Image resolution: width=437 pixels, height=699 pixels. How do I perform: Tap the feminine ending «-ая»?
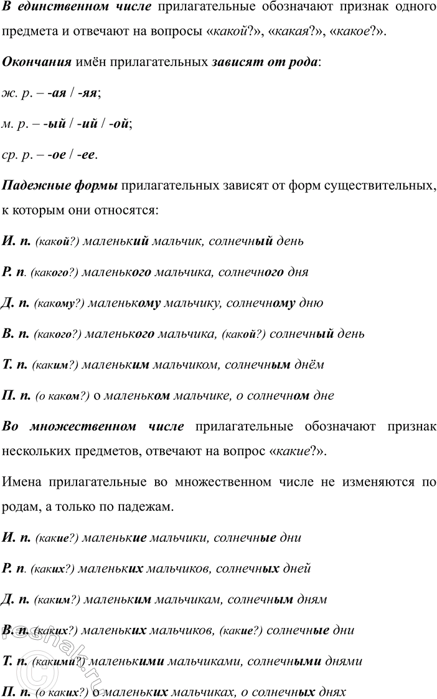point(57,93)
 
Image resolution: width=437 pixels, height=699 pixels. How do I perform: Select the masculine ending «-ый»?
point(55,123)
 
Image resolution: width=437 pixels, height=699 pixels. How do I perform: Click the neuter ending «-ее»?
point(87,154)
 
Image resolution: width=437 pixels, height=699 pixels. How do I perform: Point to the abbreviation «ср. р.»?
point(17,154)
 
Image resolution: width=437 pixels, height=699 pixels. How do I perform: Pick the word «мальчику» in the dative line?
point(192,303)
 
